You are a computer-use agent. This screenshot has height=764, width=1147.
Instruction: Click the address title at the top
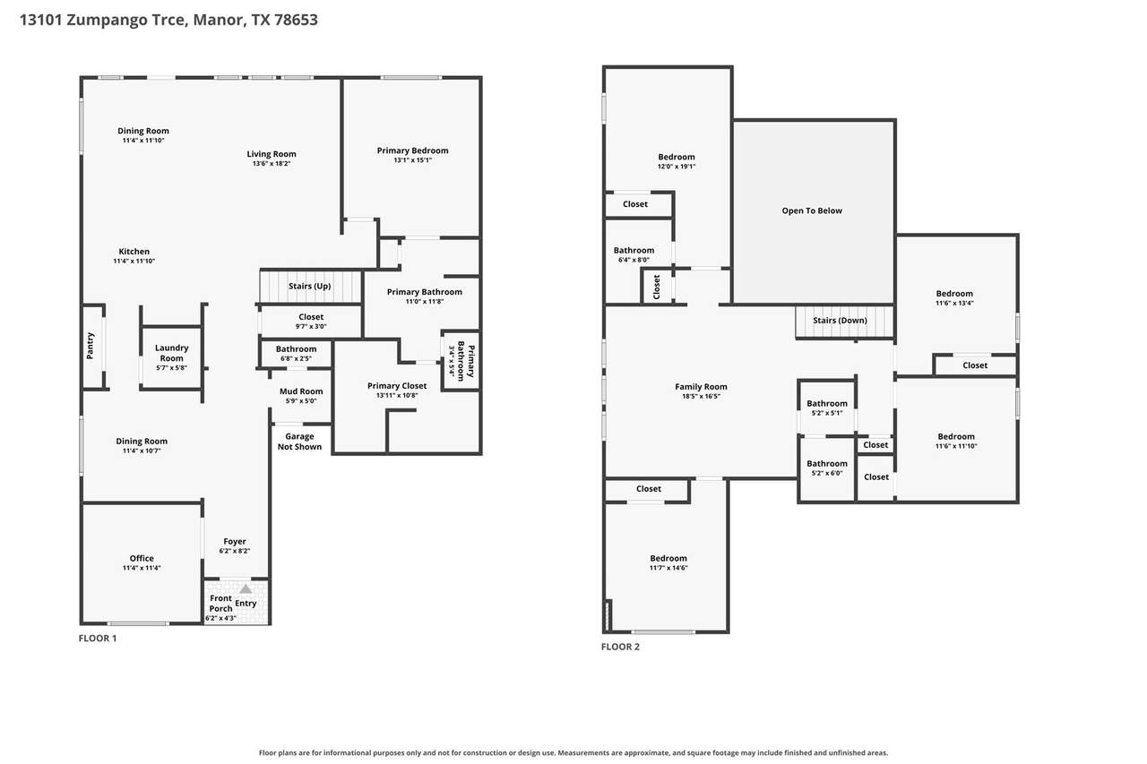point(168,20)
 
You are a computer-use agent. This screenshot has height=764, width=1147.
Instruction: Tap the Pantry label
point(91,346)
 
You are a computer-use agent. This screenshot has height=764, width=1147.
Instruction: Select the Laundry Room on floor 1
point(171,357)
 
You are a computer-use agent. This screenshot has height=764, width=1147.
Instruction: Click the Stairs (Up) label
point(309,286)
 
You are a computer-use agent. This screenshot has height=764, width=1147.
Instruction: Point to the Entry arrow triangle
point(246,588)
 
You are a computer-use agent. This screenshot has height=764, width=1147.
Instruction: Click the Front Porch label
point(220,604)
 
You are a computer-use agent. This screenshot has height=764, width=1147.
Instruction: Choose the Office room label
point(142,558)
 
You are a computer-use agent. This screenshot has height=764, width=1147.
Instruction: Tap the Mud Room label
point(301,391)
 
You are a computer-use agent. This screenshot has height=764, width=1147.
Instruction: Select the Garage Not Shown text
point(299,442)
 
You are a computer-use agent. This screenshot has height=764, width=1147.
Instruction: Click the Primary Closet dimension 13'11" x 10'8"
point(397,396)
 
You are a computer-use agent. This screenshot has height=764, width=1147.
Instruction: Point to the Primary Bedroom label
point(412,150)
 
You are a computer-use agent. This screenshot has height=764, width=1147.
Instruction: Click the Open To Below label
point(812,210)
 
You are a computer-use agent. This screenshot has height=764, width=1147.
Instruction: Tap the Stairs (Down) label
point(840,321)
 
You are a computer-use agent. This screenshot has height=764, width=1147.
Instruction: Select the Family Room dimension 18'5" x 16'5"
point(701,396)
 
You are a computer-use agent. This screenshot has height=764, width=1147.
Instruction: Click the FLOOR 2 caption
point(620,647)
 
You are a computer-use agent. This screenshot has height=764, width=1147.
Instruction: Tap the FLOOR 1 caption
point(98,638)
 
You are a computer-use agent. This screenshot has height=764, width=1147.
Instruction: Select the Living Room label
point(272,154)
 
